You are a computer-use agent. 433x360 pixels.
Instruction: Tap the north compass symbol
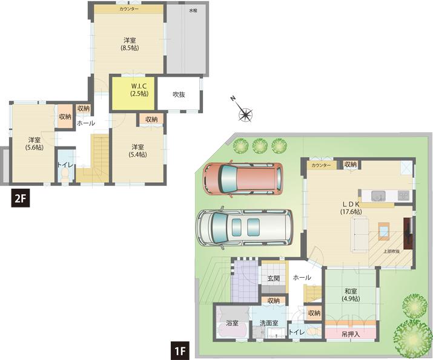click(245, 113)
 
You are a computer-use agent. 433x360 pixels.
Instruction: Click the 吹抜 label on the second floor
click(179, 94)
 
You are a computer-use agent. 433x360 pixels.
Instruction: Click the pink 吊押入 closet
click(351, 333)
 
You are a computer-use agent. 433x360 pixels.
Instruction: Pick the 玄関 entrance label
click(273, 278)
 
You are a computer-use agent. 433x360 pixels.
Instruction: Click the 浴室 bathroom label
click(231, 323)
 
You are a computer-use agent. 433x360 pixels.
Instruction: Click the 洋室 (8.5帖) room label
click(129, 44)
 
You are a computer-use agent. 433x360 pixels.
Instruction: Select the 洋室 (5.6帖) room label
click(34, 143)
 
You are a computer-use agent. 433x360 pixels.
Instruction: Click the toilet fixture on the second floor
click(64, 174)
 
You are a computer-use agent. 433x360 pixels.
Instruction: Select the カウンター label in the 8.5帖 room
click(128, 10)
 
